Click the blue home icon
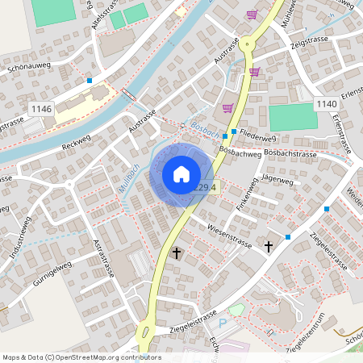181,173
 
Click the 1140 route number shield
326,104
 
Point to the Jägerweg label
277,181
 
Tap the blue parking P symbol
223,323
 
